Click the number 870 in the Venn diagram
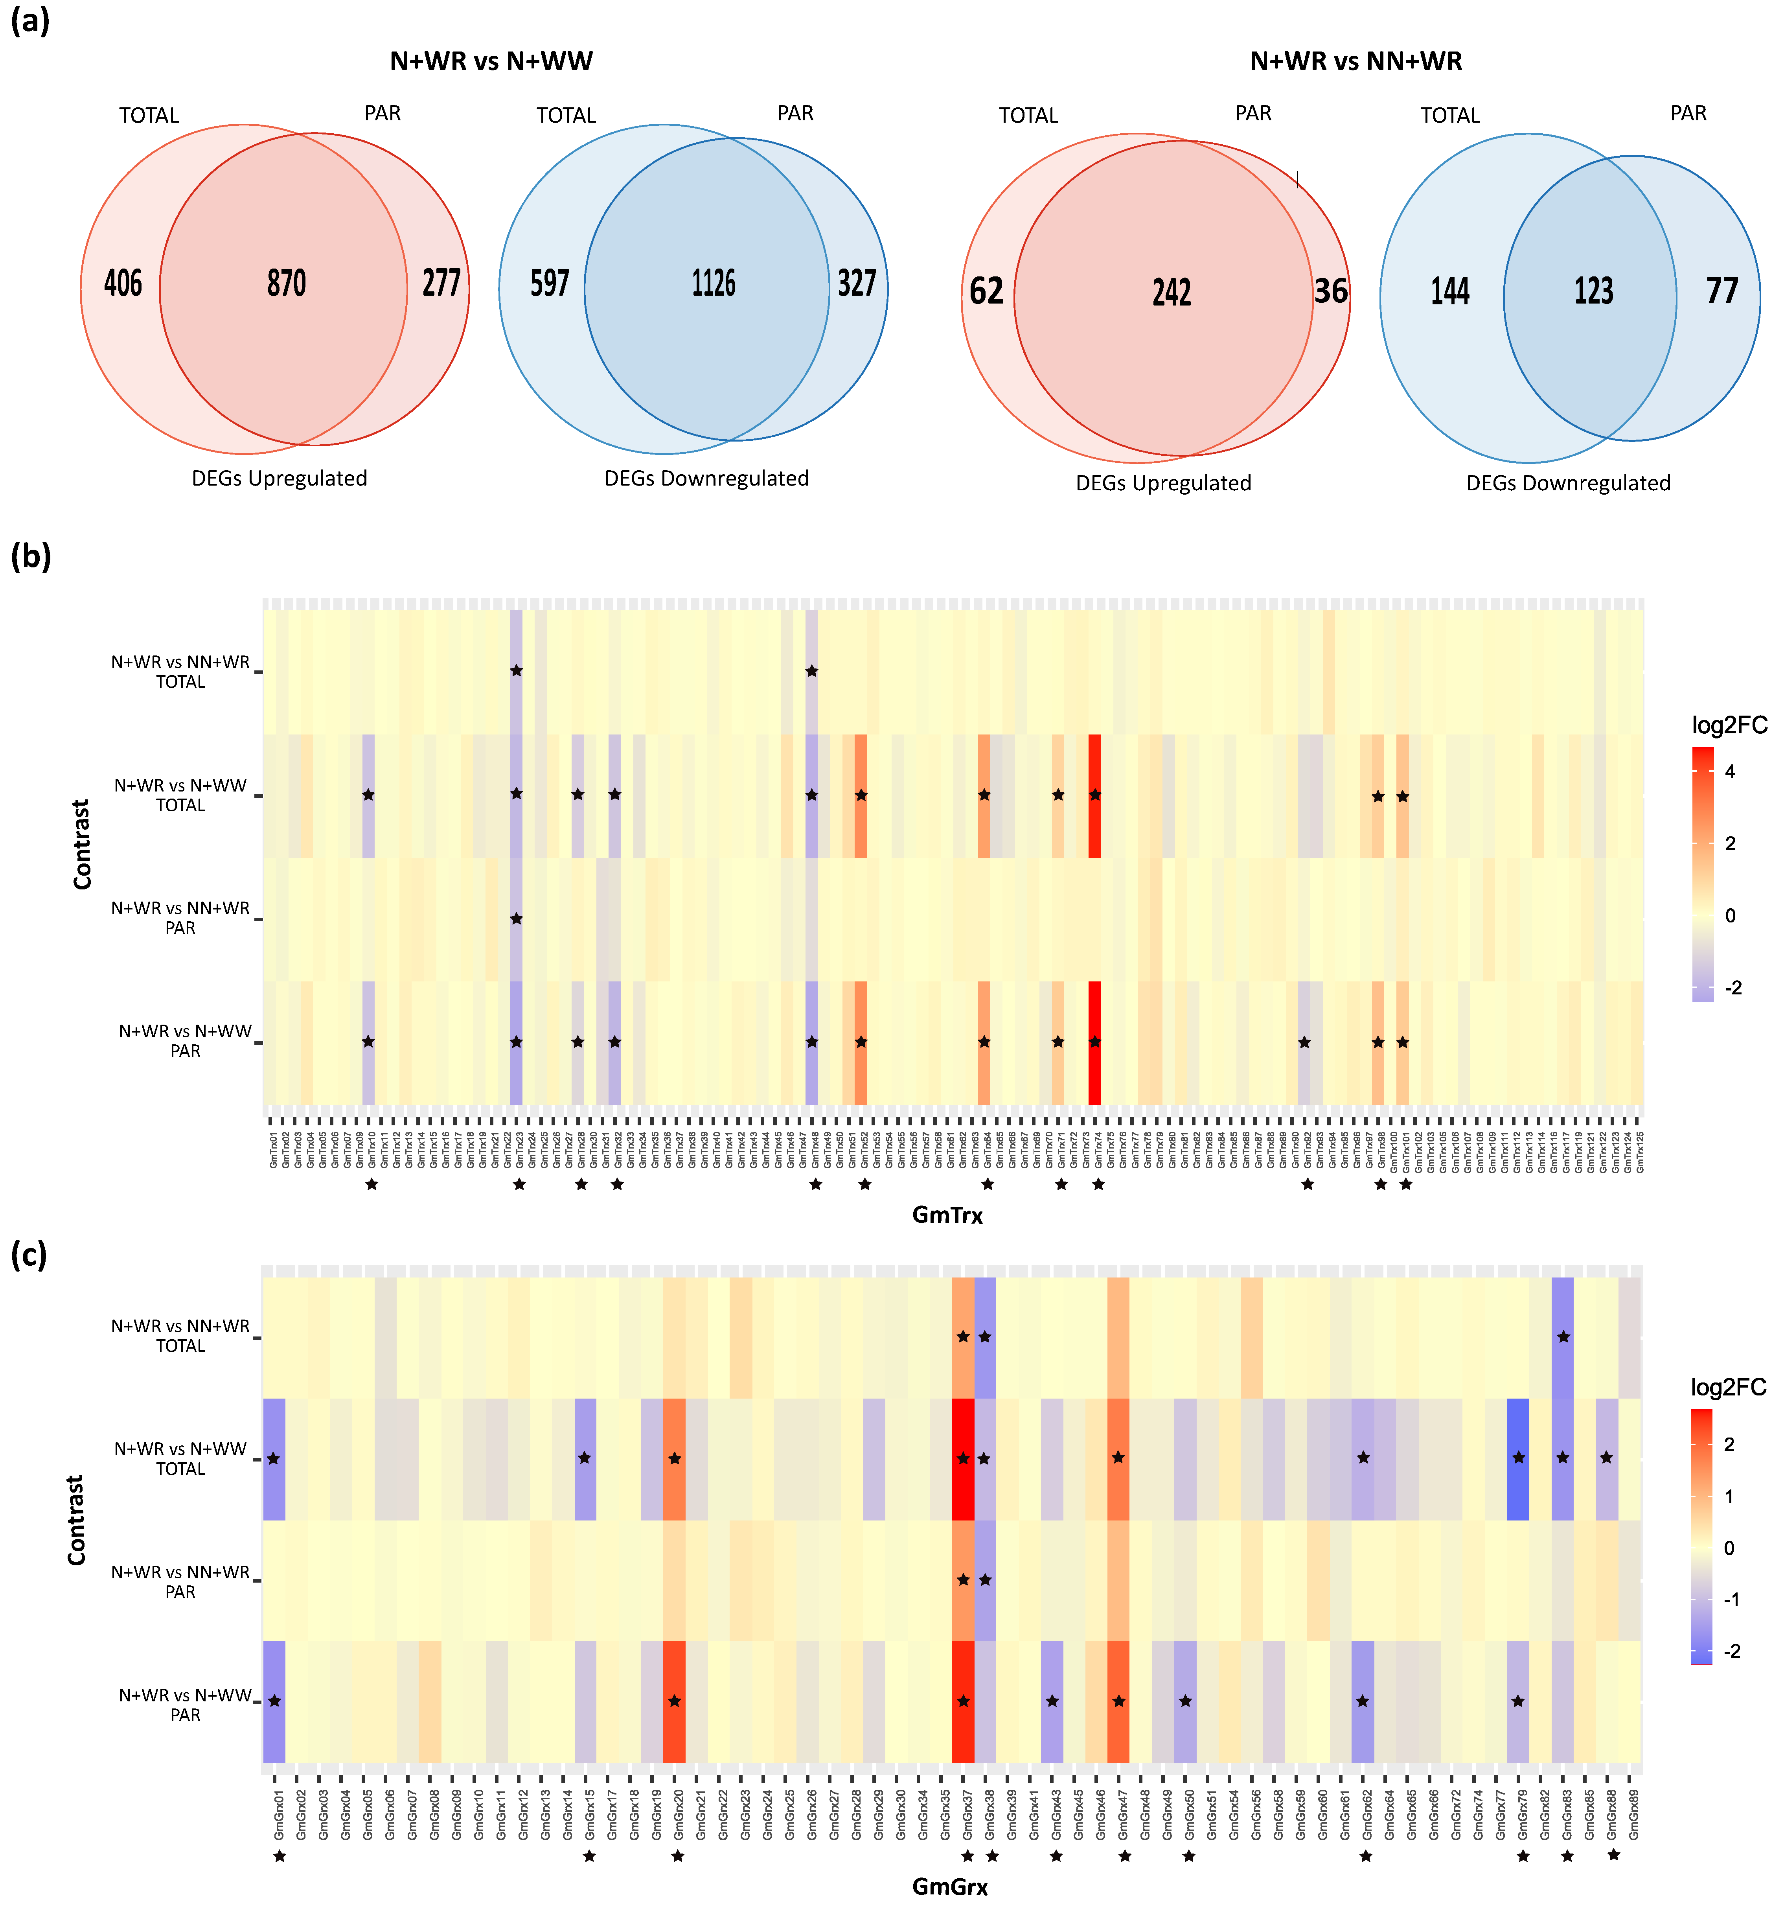coord(286,283)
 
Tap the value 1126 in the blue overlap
coord(714,283)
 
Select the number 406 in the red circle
coord(123,283)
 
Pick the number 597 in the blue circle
coord(550,283)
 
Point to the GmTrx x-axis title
coord(947,1215)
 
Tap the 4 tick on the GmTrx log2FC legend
coord(1729,771)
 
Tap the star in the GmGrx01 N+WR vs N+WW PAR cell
coord(274,1701)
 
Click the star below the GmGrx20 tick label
coord(677,1856)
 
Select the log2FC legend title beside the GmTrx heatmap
coord(1728,725)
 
